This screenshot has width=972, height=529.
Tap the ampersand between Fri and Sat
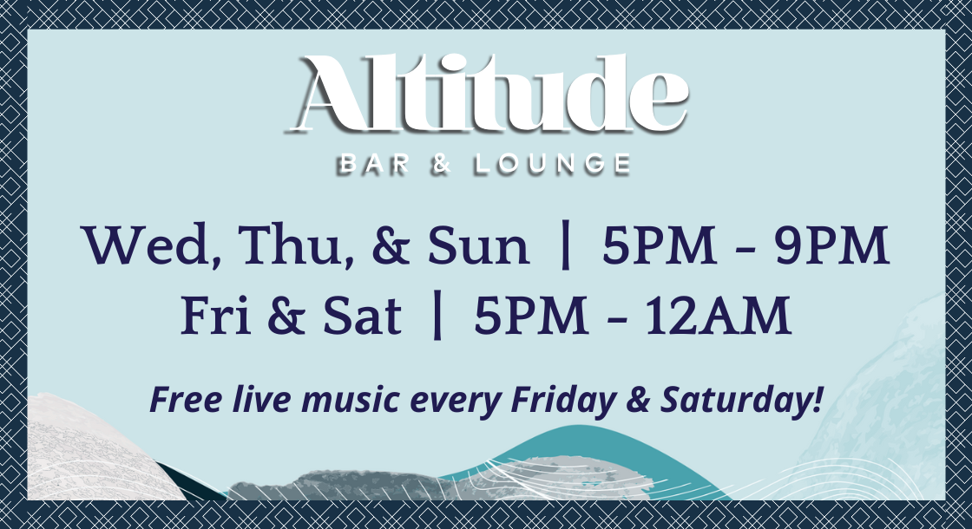(x=287, y=317)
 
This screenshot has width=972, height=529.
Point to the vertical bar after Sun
(x=566, y=246)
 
